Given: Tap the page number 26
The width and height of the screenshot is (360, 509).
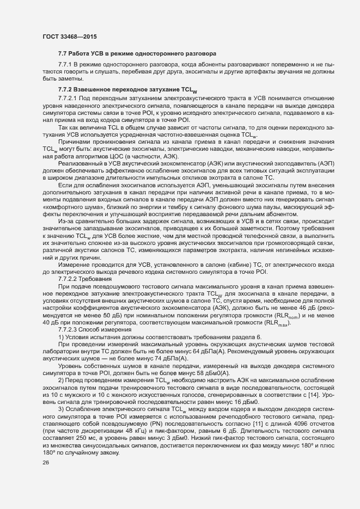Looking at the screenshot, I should pyautogui.click(x=45, y=463).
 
